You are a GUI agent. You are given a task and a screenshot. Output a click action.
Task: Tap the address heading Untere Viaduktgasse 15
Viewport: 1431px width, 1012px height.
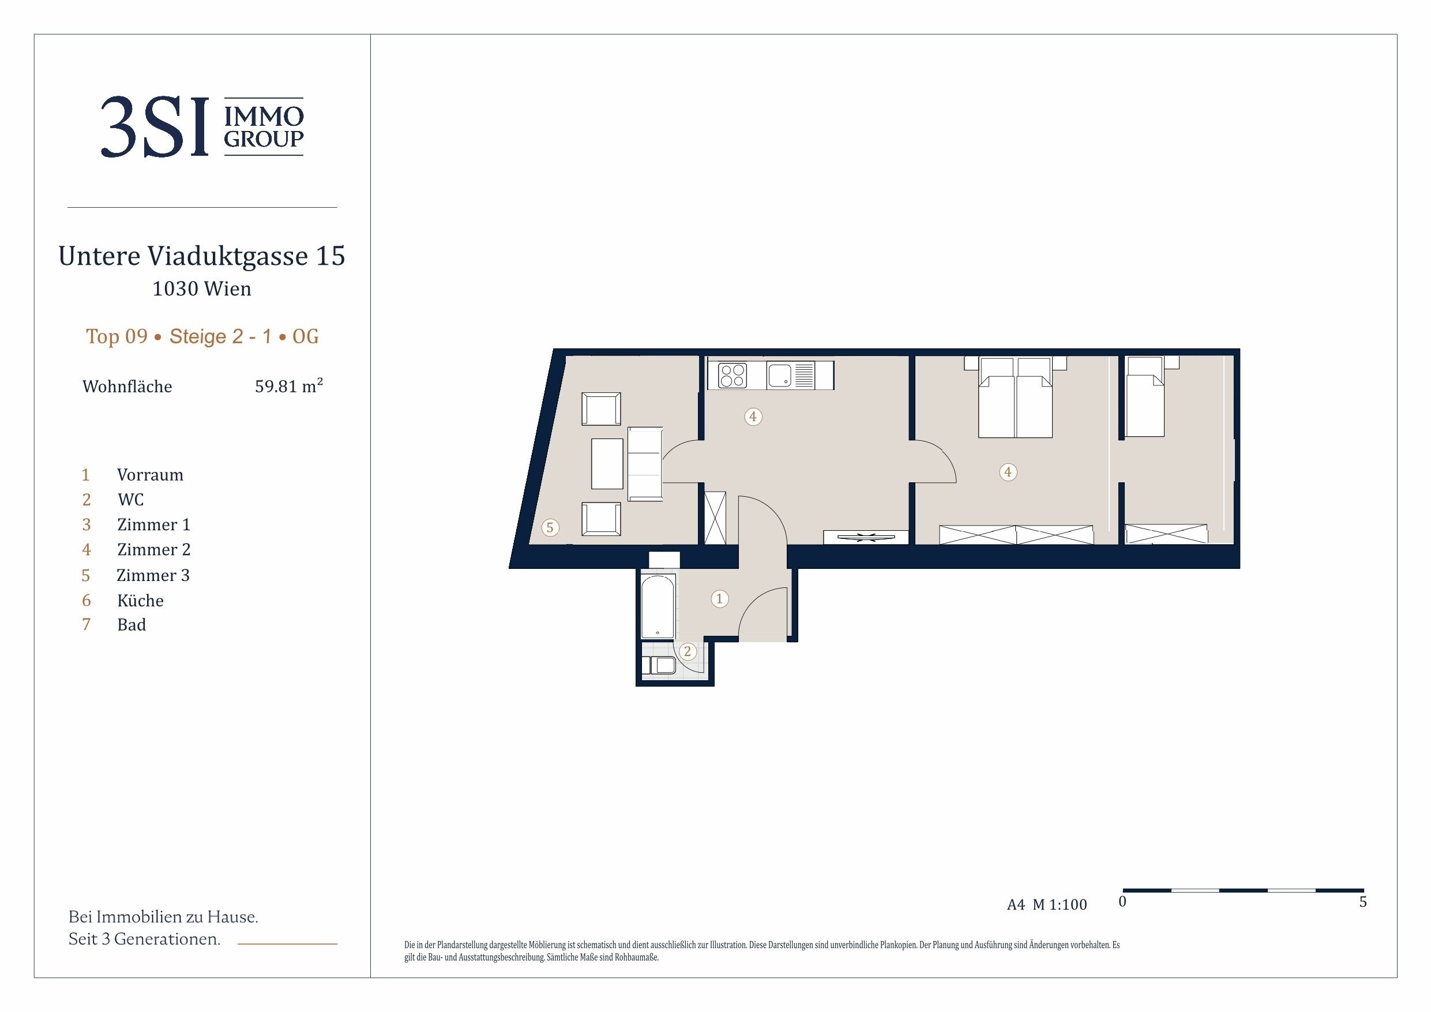tap(202, 256)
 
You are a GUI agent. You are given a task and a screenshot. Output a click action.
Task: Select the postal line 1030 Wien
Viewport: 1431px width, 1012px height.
tap(202, 288)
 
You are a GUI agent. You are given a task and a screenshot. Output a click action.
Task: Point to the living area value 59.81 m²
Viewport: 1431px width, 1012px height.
tap(288, 386)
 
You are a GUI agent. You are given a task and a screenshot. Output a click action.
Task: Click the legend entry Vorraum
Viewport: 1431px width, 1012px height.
tap(150, 475)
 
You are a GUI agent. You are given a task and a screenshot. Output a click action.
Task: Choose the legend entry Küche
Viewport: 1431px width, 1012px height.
tap(140, 601)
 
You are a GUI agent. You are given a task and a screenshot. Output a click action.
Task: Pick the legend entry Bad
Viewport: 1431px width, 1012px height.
tap(132, 625)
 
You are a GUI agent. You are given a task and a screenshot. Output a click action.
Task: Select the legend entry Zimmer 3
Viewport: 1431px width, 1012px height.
tap(153, 575)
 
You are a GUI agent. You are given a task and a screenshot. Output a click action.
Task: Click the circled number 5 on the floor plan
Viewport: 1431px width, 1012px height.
tap(550, 527)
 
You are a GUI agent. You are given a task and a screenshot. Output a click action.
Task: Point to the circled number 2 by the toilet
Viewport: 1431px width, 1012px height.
tap(688, 651)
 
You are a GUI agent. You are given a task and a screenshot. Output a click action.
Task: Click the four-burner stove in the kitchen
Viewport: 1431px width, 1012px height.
tap(733, 376)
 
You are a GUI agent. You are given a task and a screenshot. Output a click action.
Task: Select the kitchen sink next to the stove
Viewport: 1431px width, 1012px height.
tap(780, 376)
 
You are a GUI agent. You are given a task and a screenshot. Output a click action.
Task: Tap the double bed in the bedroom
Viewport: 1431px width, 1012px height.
tap(1015, 397)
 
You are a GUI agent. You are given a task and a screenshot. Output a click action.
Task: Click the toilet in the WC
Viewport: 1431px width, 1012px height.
tap(662, 665)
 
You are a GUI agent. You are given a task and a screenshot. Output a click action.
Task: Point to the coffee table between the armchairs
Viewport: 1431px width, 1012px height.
tap(607, 464)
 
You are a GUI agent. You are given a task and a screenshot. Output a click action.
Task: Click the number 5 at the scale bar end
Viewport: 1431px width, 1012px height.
tap(1363, 902)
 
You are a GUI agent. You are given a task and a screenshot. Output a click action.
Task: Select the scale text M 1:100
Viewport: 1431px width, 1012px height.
tap(1060, 905)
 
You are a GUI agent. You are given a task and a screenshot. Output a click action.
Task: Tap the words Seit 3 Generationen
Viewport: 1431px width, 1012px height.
tap(145, 939)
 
